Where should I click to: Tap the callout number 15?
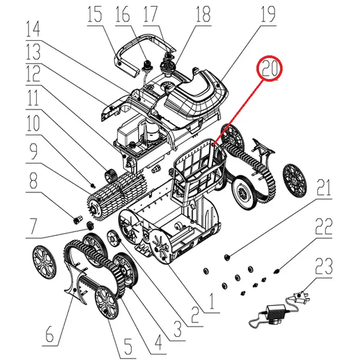pos(94,14)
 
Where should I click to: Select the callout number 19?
pos(268,14)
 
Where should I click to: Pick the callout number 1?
pos(211,301)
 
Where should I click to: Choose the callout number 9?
pos(33,151)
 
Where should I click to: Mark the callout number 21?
pos(324,188)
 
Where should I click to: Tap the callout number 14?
pos(33,29)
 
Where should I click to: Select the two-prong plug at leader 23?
pos(301,296)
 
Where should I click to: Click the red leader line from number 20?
pos(238,112)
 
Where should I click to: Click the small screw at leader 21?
pos(227,257)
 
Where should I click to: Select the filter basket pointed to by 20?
pos(198,167)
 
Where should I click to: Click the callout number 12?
pos(33,74)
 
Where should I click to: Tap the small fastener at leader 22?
pos(277,272)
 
